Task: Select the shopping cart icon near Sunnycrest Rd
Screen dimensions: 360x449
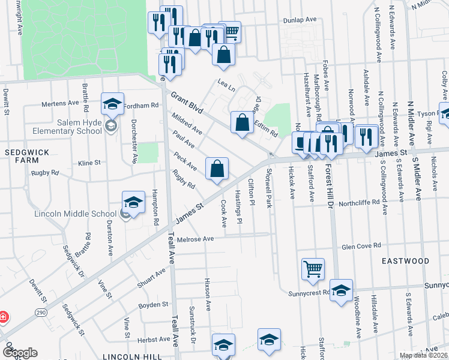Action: point(313,270)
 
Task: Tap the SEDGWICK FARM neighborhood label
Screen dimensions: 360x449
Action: point(22,157)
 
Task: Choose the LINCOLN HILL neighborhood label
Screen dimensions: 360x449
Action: point(133,356)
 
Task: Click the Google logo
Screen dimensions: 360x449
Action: point(19,352)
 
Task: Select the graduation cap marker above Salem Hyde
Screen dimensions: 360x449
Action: point(112,104)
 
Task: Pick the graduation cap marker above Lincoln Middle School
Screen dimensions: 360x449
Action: point(134,202)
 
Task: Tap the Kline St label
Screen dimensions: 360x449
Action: point(89,163)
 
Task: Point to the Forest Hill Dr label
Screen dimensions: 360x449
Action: point(331,197)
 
